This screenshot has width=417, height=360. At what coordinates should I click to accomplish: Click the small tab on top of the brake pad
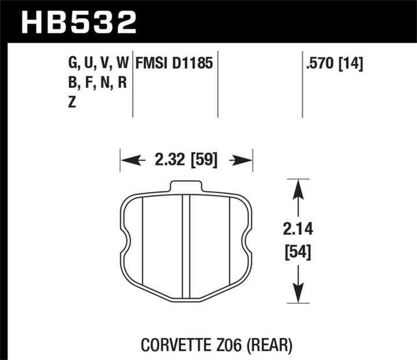pyautogui.click(x=186, y=186)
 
